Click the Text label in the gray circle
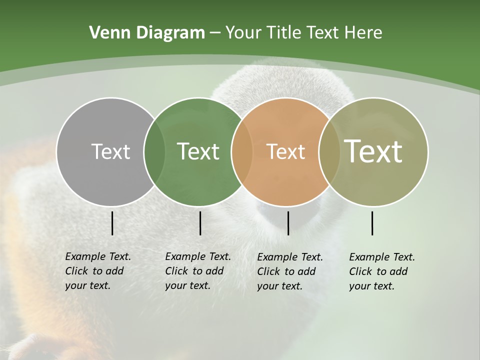[110, 151]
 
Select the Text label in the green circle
[198, 151]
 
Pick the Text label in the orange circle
[285, 151]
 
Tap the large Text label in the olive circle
[373, 151]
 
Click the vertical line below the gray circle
[112, 223]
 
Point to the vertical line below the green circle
[200, 223]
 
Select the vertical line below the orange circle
[288, 223]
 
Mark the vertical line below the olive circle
[372, 223]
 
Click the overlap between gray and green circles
[154, 152]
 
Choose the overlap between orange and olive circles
[327, 152]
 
